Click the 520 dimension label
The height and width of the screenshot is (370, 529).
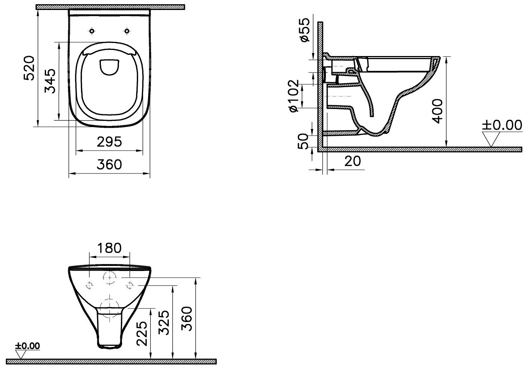coord(30,68)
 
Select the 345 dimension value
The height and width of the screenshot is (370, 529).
coord(50,81)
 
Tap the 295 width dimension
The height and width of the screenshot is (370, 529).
coord(109,142)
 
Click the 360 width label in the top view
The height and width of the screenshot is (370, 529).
coord(109,164)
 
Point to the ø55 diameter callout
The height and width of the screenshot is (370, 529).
coord(305,30)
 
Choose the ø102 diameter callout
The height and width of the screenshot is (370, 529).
coord(294,96)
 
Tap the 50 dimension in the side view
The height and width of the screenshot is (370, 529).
coord(303,141)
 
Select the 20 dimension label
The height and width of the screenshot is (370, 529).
coord(353,161)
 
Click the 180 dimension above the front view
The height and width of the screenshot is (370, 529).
coord(109,248)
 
